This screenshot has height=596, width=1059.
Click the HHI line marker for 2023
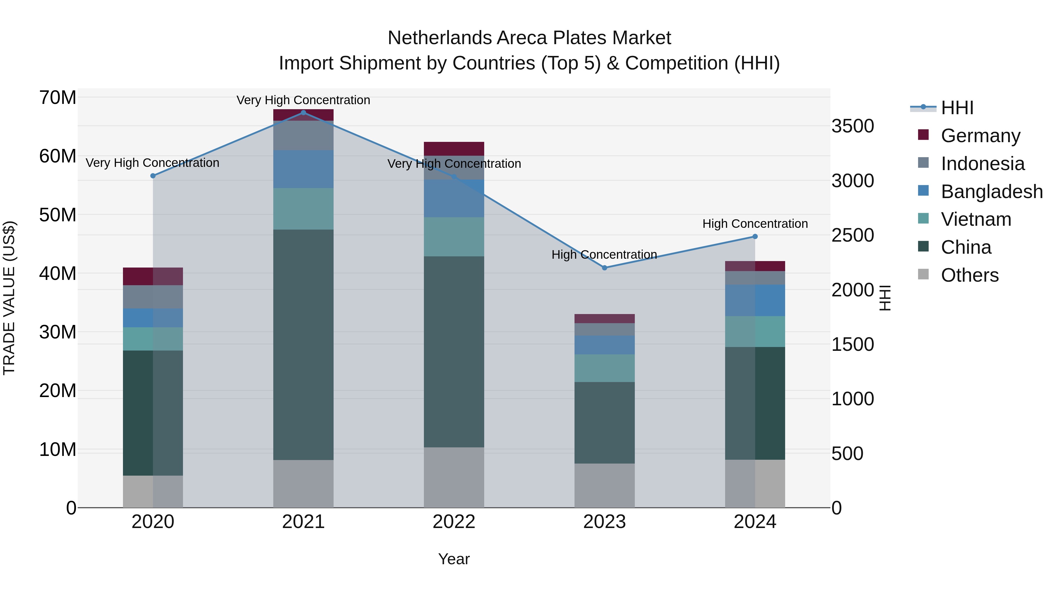tap(604, 268)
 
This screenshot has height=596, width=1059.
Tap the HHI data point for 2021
tap(303, 113)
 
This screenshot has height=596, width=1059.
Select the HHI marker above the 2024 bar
tap(755, 237)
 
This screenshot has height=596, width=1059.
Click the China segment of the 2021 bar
tap(303, 345)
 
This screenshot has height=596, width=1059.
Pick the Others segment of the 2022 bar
tap(454, 477)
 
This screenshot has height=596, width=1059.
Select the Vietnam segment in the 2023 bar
tap(604, 368)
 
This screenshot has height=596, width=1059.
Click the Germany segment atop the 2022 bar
tap(454, 149)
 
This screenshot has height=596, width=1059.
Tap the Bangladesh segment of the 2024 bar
tap(755, 300)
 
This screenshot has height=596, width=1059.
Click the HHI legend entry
tap(957, 108)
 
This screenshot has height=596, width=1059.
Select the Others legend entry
tap(969, 275)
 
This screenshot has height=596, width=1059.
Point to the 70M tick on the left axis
tap(58, 98)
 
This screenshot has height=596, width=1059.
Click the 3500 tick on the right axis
tap(852, 126)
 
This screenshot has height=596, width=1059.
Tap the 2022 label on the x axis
tap(454, 522)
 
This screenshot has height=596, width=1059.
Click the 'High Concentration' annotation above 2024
tap(755, 224)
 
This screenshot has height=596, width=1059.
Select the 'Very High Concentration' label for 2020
tap(152, 163)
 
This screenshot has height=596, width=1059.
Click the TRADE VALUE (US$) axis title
tap(9, 298)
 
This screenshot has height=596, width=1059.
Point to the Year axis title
tap(454, 559)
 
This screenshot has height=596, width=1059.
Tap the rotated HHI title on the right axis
tap(885, 298)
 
